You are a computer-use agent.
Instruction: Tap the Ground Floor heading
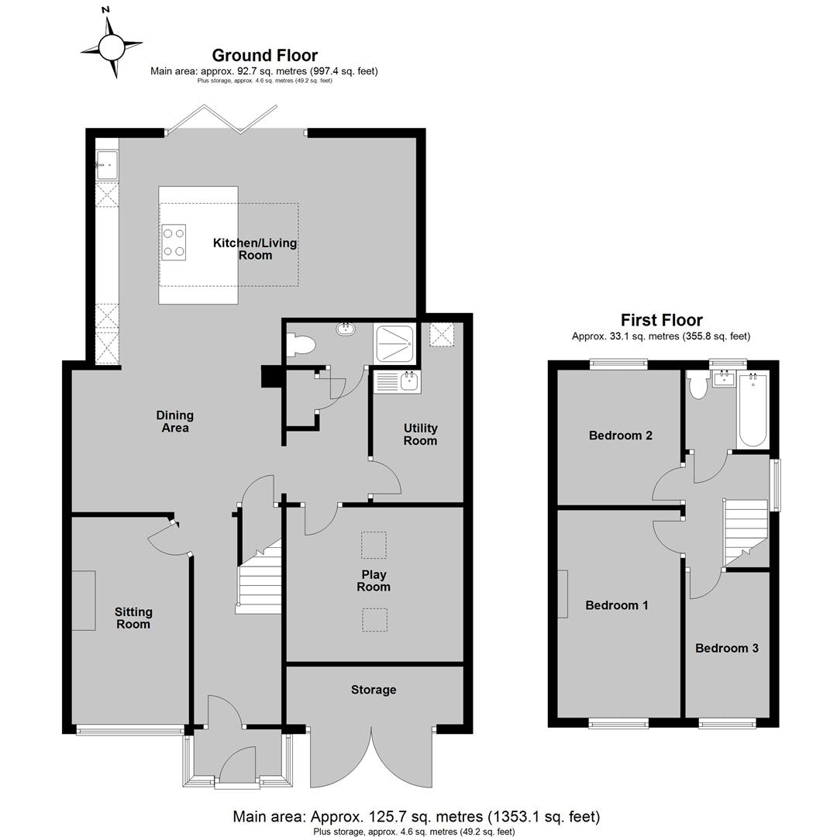pyautogui.click(x=265, y=56)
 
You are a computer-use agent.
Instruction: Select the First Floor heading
pyautogui.click(x=661, y=320)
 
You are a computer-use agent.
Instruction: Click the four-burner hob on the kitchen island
pyautogui.click(x=174, y=243)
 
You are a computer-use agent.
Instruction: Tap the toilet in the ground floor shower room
pyautogui.click(x=300, y=345)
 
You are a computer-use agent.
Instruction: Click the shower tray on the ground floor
pyautogui.click(x=395, y=343)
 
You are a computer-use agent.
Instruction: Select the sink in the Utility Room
pyautogui.click(x=397, y=381)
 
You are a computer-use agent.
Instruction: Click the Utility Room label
pyautogui.click(x=420, y=435)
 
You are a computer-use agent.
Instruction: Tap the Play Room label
pyautogui.click(x=374, y=580)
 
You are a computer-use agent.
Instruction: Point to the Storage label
pyautogui.click(x=374, y=690)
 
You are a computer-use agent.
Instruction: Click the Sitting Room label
pyautogui.click(x=133, y=618)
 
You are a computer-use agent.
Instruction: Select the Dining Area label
pyautogui.click(x=175, y=421)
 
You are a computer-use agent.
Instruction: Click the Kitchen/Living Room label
pyautogui.click(x=255, y=249)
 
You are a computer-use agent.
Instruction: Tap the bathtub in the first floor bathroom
pyautogui.click(x=753, y=411)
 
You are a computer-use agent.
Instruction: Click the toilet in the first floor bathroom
pyautogui.click(x=697, y=385)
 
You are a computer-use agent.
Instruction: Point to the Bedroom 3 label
pyautogui.click(x=727, y=648)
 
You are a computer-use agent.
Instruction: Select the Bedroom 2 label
pyautogui.click(x=621, y=436)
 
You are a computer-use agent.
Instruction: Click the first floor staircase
pyautogui.click(x=746, y=532)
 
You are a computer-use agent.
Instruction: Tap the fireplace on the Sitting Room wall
pyautogui.click(x=84, y=601)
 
